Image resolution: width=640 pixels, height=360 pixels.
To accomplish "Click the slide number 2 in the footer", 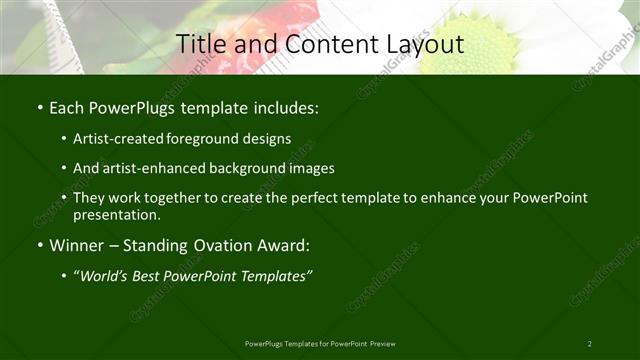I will [x=589, y=344].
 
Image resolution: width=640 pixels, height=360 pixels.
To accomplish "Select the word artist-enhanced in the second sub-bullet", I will [x=151, y=168].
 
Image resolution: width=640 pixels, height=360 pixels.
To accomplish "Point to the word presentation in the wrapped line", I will [x=116, y=214].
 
